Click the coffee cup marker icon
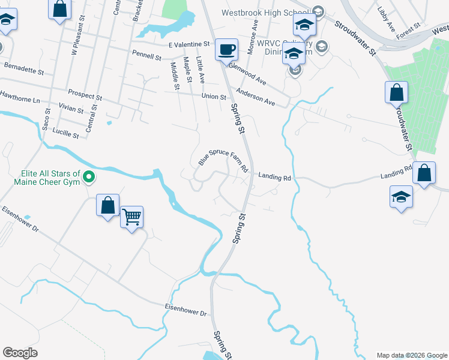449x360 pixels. [226, 50]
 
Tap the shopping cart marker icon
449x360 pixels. [131, 217]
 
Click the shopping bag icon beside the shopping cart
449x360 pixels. [107, 205]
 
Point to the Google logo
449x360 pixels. [20, 353]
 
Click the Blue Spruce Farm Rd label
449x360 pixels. [223, 160]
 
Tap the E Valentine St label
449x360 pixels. [188, 44]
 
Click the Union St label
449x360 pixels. [214, 96]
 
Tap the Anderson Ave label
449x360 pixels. [256, 97]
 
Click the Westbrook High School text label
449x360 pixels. [265, 12]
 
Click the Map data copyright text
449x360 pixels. [411, 355]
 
